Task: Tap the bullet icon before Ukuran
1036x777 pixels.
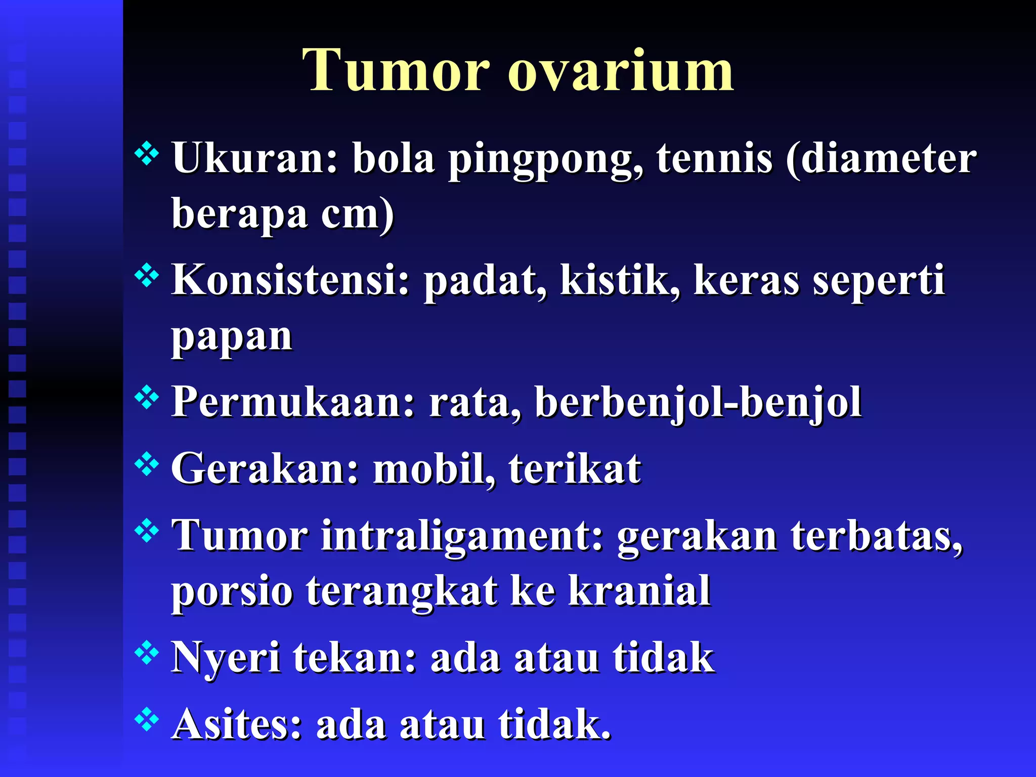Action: pyautogui.click(x=147, y=153)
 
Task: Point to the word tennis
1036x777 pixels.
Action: pyautogui.click(x=714, y=158)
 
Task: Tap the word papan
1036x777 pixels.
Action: pyautogui.click(x=232, y=337)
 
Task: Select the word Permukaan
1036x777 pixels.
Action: pyautogui.click(x=293, y=402)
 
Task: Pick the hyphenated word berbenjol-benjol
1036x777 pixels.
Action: pyautogui.click(x=698, y=403)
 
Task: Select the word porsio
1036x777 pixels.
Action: pyautogui.click(x=232, y=592)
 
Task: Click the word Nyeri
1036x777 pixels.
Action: pyautogui.click(x=226, y=658)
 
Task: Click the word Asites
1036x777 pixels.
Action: pyautogui.click(x=237, y=724)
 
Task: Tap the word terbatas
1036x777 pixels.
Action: pyautogui.click(x=877, y=536)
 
